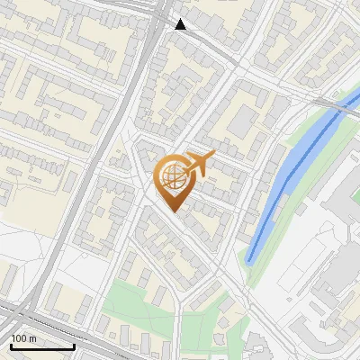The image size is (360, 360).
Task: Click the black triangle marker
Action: point(181,24)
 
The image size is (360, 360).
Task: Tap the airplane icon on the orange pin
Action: point(200,164)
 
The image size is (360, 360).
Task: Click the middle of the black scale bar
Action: point(42,346)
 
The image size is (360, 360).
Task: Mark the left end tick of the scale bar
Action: point(11,345)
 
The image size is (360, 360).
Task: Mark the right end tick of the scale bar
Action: point(74,345)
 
